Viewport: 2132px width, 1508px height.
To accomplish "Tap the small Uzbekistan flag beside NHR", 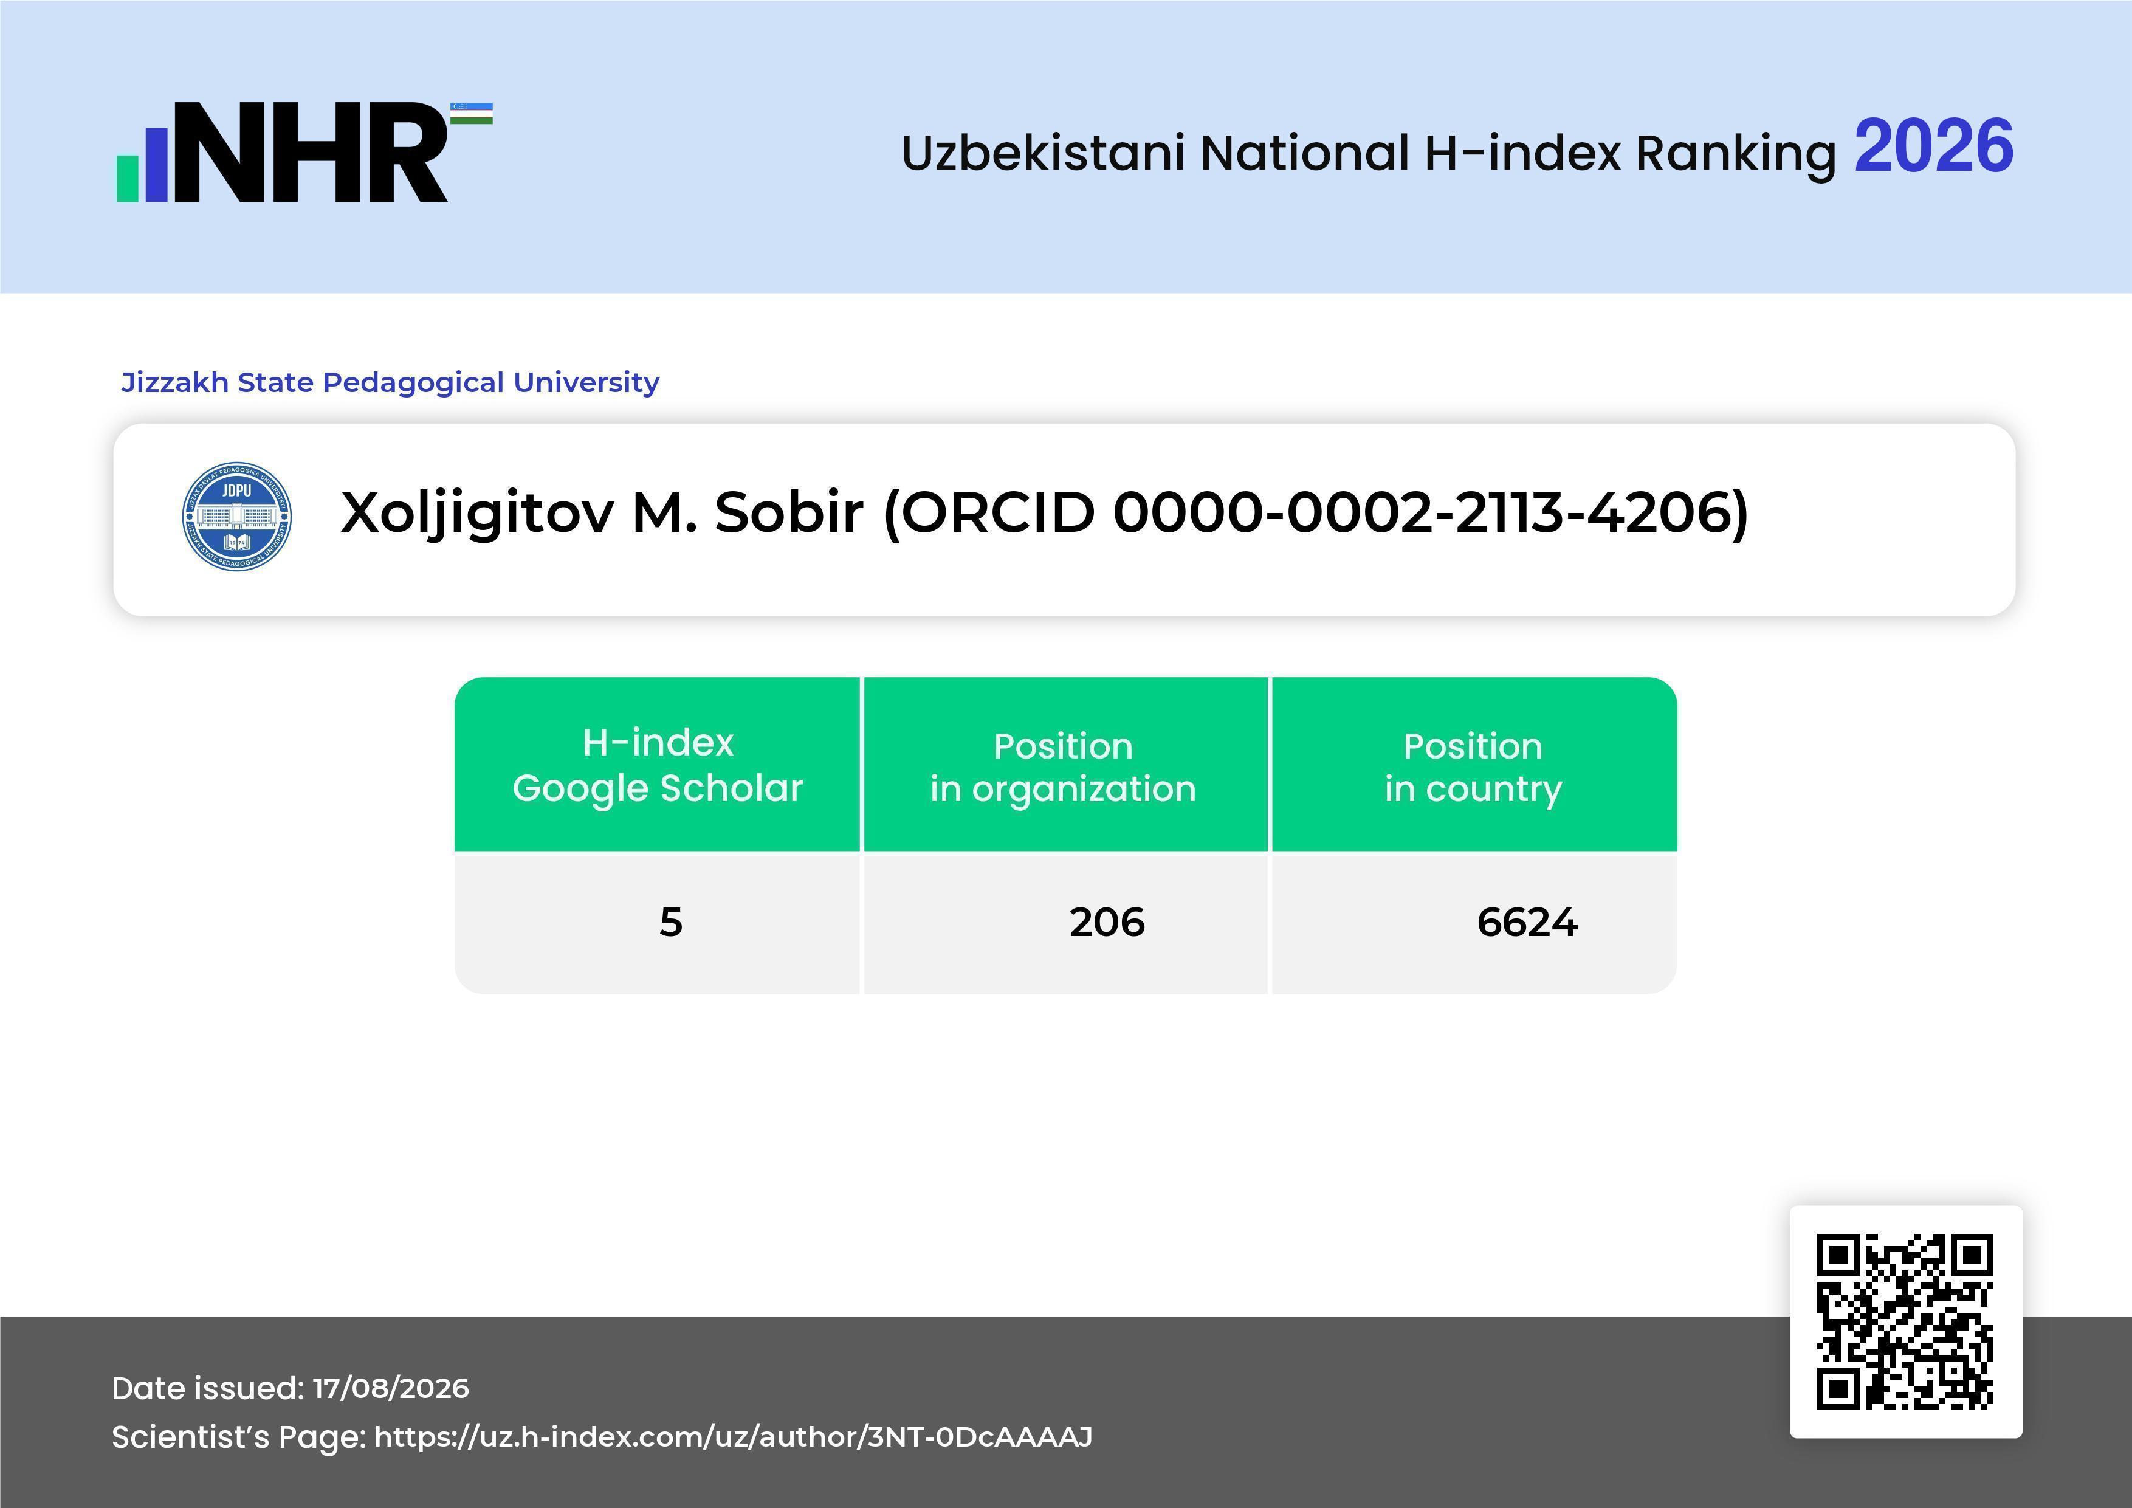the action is pos(472,113).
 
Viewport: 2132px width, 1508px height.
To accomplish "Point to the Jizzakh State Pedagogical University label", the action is pos(390,382).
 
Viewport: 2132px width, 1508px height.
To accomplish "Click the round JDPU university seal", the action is pos(237,516).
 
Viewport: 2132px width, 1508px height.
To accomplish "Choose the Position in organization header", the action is pos(1063,767).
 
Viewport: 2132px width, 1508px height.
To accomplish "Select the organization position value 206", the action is pos(1107,922).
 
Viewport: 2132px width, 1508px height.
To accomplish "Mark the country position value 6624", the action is pos(1527,922).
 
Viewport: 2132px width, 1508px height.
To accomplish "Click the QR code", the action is pos(1905,1321).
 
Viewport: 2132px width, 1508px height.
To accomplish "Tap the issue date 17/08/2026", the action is pos(391,1388).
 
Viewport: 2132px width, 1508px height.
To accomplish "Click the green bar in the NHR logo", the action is pos(127,178).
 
